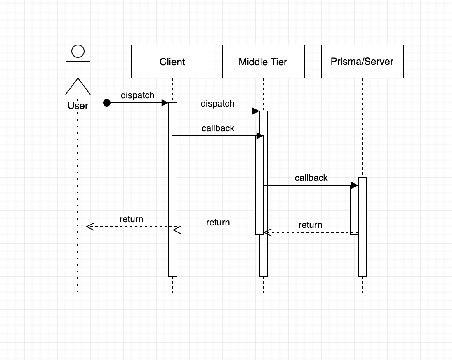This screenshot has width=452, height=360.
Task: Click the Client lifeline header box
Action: pos(172,62)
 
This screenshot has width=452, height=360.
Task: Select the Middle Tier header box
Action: pos(263,62)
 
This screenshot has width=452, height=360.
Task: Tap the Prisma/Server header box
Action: pos(362,62)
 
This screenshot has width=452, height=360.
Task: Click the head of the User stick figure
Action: pos(78,51)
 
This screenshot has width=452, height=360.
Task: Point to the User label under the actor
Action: pos(78,106)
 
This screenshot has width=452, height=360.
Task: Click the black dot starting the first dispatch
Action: pos(107,103)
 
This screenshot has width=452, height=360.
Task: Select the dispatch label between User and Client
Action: pos(137,95)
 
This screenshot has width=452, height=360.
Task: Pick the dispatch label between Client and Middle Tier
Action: pos(217,103)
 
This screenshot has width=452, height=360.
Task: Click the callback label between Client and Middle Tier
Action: pos(218,128)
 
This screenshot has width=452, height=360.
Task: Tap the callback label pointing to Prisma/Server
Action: pos(311,178)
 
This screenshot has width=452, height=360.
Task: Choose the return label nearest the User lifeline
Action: pos(131,219)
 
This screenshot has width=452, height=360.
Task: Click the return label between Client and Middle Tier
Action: pos(218,223)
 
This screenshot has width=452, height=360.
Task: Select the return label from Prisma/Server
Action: pos(310,225)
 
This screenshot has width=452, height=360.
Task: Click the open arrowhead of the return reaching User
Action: pos(90,227)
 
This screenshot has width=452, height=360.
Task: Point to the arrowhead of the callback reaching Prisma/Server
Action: pos(354,185)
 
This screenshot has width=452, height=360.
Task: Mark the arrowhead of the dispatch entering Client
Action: pos(165,103)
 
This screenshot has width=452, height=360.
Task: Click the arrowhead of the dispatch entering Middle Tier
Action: pos(256,111)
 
